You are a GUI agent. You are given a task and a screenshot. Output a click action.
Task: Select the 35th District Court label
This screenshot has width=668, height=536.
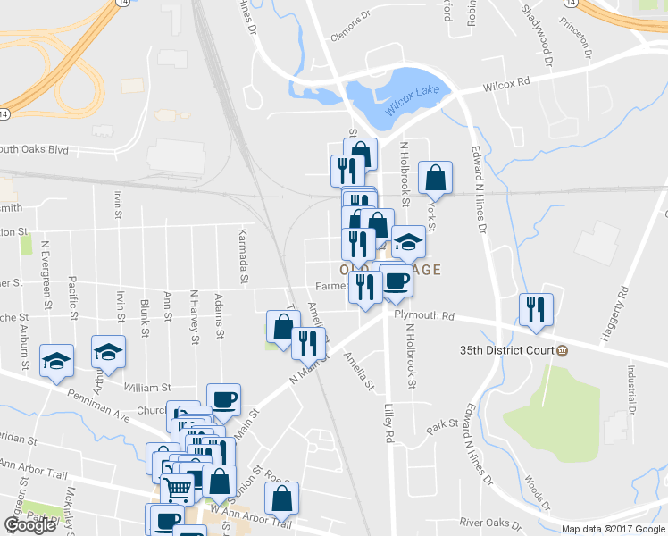(507, 349)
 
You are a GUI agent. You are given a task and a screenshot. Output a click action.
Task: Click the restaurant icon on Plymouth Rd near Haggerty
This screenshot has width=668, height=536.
(536, 309)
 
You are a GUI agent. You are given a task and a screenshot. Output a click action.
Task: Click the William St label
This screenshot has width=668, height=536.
(147, 388)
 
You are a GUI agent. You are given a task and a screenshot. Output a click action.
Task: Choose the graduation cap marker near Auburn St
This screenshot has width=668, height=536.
(56, 361)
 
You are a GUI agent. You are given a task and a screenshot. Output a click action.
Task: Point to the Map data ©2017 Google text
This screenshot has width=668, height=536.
(614, 529)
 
